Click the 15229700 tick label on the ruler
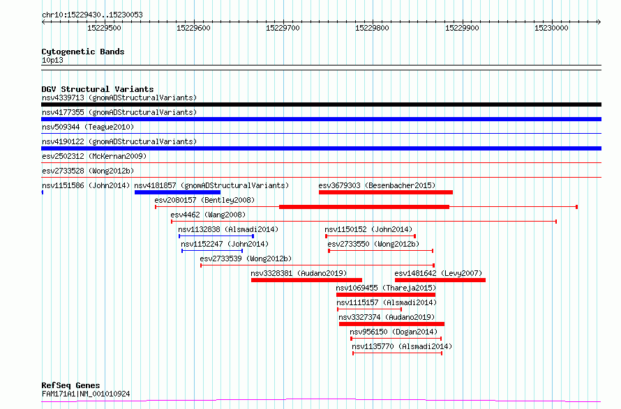coord(283,28)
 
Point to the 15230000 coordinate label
coord(551,28)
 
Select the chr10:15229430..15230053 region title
coord(92,15)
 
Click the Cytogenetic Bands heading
coord(83,52)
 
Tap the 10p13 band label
coord(52,60)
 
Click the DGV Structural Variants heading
coord(98,89)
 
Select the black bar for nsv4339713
coord(321,105)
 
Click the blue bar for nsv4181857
coord(177,192)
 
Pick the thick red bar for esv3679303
coord(386,192)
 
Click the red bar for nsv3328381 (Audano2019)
coord(306,280)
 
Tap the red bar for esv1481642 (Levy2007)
coord(440,280)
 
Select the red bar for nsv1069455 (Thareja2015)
coord(386,295)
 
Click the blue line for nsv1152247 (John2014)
coord(212,251)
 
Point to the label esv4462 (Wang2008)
coord(208,215)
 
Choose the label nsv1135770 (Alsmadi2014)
coord(402,346)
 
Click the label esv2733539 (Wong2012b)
coord(246,258)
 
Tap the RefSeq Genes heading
coord(70,385)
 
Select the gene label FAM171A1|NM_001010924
coord(86,394)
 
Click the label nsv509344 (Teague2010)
coord(88,127)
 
